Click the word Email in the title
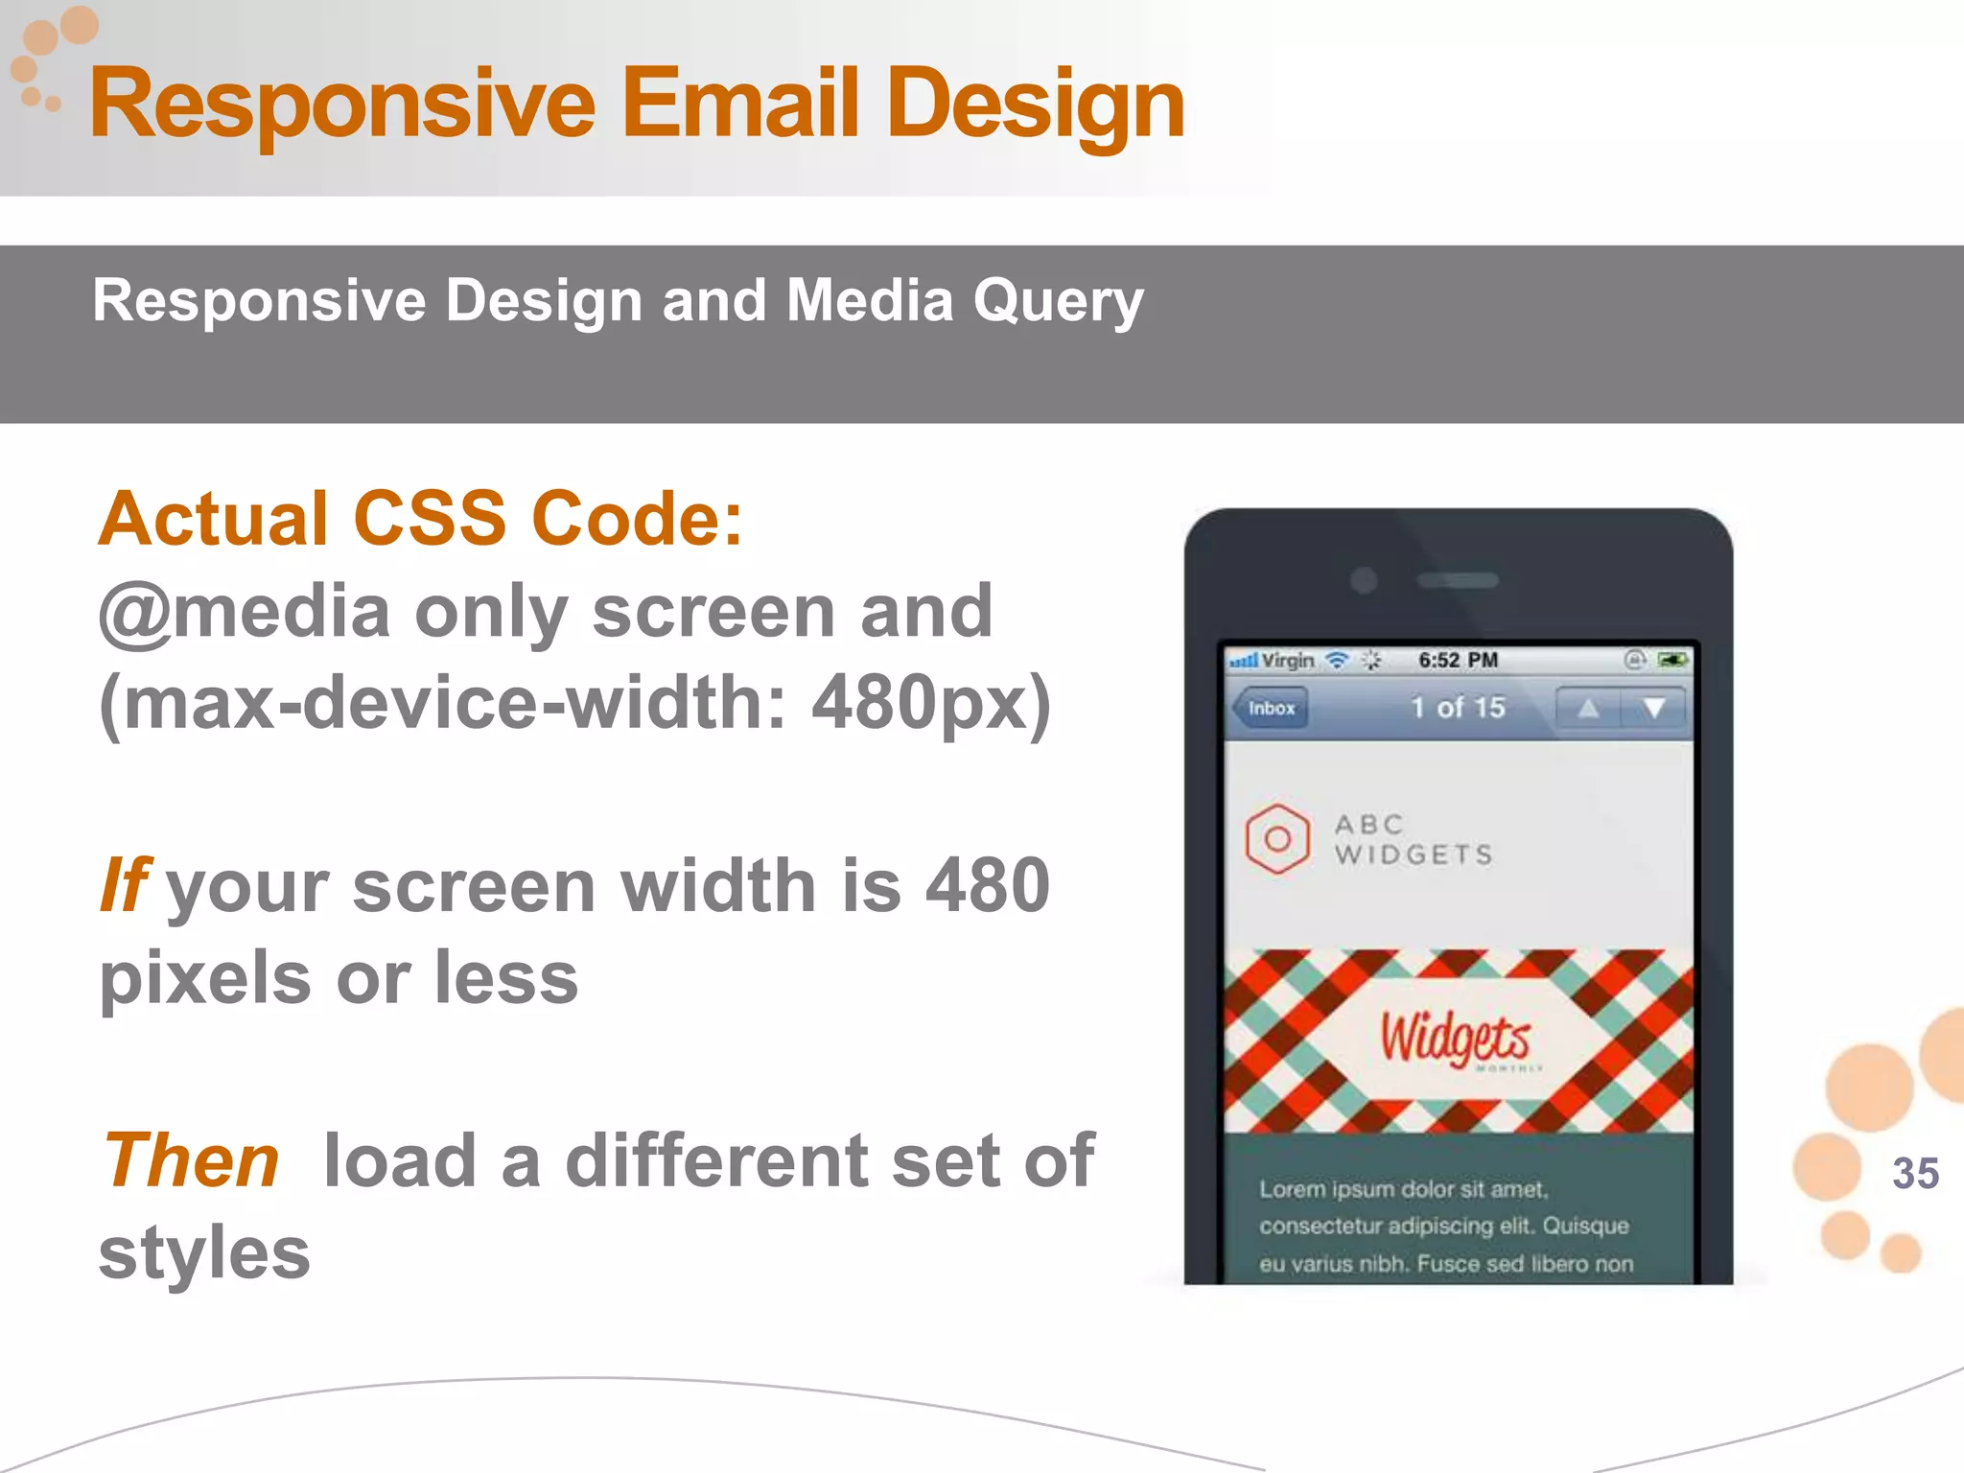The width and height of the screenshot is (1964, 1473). coord(739,104)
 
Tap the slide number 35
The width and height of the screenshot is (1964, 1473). coord(1915,1173)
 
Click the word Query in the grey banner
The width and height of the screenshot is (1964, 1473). coord(1059,301)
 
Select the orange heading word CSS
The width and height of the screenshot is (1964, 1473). coord(430,519)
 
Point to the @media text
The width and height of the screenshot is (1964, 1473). coord(245,612)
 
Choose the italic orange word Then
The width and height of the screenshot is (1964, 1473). coord(191,1160)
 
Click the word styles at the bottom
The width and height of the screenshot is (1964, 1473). coord(204,1252)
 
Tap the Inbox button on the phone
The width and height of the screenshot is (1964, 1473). coord(1271,709)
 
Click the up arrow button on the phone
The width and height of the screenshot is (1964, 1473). coord(1588,709)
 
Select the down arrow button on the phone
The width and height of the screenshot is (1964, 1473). coord(1653,709)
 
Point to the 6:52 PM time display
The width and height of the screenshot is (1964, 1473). coord(1458,660)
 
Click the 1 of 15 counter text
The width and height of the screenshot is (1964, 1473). coord(1458,708)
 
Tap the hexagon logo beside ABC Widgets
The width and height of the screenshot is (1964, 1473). coord(1277,839)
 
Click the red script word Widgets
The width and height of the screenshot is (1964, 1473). coord(1455,1039)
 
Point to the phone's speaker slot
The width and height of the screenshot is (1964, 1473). coord(1458,580)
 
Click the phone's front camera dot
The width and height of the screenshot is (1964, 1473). coord(1364,580)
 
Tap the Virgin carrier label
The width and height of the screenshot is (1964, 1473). coord(1287,661)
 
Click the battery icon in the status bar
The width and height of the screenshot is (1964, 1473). coord(1672,660)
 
